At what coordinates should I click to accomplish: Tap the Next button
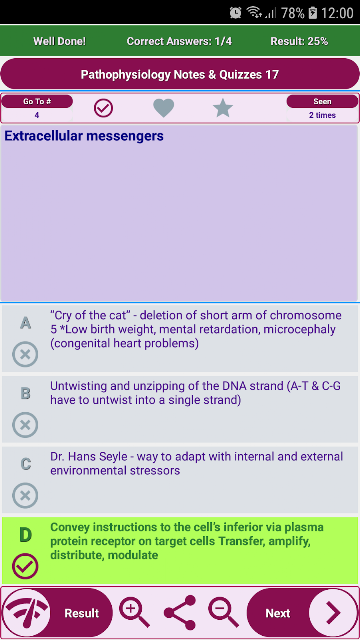[x=302, y=613]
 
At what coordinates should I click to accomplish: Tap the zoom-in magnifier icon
[x=134, y=612]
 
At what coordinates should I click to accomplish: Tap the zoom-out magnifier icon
[x=223, y=612]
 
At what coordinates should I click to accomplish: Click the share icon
[x=180, y=613]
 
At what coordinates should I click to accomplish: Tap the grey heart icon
[x=164, y=108]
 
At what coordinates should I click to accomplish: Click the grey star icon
[x=223, y=108]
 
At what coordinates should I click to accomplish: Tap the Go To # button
[x=37, y=102]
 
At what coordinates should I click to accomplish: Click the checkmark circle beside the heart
[x=103, y=108]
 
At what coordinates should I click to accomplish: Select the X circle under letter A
[x=25, y=354]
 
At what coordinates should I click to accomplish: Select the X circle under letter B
[x=25, y=425]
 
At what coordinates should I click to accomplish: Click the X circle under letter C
[x=25, y=496]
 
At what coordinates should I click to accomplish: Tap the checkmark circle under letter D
[x=25, y=566]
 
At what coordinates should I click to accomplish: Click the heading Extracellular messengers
[x=84, y=136]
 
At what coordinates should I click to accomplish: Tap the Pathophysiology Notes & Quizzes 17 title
[x=180, y=75]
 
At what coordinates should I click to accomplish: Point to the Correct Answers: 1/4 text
[x=179, y=41]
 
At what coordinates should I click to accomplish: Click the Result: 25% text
[x=299, y=41]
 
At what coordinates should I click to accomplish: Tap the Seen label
[x=322, y=102]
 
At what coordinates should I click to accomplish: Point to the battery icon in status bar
[x=313, y=13]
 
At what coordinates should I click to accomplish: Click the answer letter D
[x=25, y=535]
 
